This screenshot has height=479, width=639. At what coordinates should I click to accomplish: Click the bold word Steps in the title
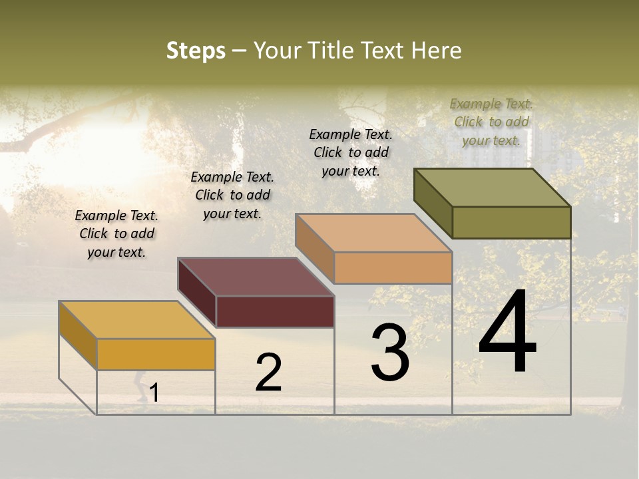[x=196, y=51]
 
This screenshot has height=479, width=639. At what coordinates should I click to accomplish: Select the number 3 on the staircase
[x=390, y=353]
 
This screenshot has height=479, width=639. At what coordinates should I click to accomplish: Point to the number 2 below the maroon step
[x=269, y=373]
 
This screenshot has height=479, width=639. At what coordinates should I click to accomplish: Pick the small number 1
[x=154, y=393]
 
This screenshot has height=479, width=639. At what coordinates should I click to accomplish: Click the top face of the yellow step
[x=137, y=319]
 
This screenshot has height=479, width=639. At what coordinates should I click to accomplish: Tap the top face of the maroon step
[x=256, y=277]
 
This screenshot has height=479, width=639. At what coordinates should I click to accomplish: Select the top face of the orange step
[x=373, y=233]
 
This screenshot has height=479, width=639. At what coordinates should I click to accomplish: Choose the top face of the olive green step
[x=493, y=188]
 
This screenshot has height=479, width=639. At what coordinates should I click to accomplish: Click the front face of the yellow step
[x=156, y=354]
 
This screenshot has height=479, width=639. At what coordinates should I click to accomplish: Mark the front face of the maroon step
[x=275, y=311]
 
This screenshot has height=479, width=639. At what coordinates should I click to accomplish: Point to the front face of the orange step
[x=393, y=267]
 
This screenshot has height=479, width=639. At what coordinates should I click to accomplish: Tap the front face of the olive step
[x=511, y=222]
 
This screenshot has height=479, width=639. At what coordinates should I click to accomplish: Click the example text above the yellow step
[x=116, y=234]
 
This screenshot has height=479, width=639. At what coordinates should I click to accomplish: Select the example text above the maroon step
[x=232, y=195]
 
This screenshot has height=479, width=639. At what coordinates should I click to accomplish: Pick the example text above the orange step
[x=351, y=152]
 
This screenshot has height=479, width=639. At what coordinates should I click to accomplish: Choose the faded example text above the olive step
[x=491, y=122]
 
